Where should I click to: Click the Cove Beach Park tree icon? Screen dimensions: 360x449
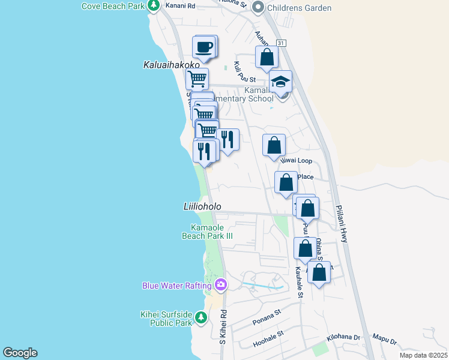coord(154,5)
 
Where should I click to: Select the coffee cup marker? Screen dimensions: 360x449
coord(204,47)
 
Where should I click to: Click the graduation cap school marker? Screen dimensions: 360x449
coord(280,82)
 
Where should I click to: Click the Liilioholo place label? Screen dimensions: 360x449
coord(202,206)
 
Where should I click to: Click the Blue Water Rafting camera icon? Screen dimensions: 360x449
coord(221,284)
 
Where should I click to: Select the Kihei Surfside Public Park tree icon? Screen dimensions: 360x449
coord(201,317)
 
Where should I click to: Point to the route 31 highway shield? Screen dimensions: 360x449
coord(280,43)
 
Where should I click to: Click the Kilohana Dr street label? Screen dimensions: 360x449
coord(343,338)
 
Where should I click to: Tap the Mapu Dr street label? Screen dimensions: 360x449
coord(385,340)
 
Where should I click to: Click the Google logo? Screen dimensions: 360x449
coord(20,353)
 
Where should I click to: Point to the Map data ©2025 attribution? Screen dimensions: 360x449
coord(423,355)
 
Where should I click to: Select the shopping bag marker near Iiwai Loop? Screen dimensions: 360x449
coord(274,145)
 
